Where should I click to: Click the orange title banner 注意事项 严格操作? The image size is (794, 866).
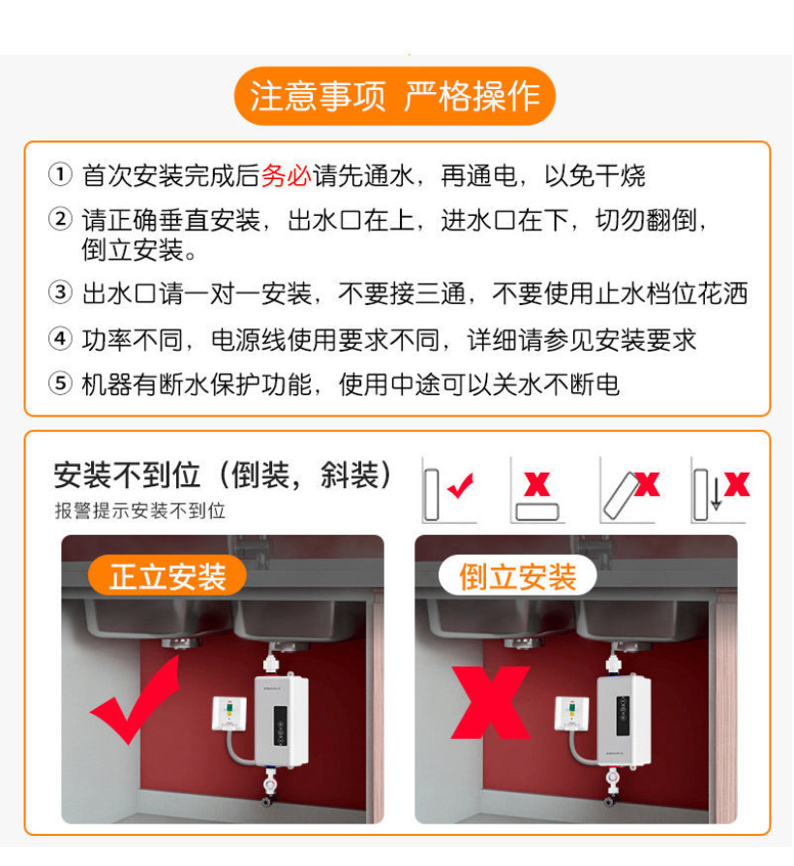pyautogui.click(x=395, y=96)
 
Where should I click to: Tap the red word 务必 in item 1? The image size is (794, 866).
pyautogui.click(x=286, y=175)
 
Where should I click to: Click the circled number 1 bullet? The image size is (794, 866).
pyautogui.click(x=60, y=174)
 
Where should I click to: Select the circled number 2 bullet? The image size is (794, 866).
pyautogui.click(x=60, y=219)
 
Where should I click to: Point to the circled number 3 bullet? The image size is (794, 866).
pyautogui.click(x=60, y=293)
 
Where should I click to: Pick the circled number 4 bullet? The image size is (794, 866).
pyautogui.click(x=60, y=338)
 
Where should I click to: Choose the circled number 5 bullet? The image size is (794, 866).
pyautogui.click(x=60, y=383)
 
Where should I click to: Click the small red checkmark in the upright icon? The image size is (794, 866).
pyautogui.click(x=461, y=485)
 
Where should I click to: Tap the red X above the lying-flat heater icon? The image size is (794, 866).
pyautogui.click(x=536, y=484)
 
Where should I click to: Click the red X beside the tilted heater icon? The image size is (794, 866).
pyautogui.click(x=647, y=484)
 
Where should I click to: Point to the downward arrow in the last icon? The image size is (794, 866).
pyautogui.click(x=717, y=493)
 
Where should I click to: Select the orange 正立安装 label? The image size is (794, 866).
pyautogui.click(x=168, y=575)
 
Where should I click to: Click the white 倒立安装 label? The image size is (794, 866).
pyautogui.click(x=518, y=575)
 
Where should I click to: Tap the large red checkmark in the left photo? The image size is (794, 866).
pyautogui.click(x=136, y=699)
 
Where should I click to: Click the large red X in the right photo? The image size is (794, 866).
pyautogui.click(x=491, y=702)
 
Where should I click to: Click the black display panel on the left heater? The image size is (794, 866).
pyautogui.click(x=281, y=726)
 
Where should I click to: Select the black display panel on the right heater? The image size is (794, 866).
pyautogui.click(x=623, y=716)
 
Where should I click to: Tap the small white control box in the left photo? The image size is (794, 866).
pyautogui.click(x=229, y=714)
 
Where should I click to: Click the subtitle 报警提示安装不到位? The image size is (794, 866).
pyautogui.click(x=140, y=510)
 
